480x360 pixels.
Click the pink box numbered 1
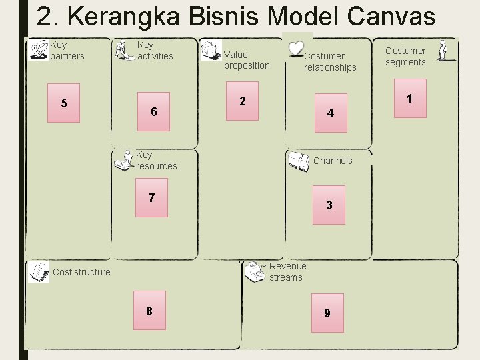409,99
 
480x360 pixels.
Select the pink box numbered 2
243,101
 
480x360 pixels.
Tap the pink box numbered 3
329,205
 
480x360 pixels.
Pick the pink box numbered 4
330,114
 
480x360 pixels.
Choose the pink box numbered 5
63,103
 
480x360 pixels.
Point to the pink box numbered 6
153,111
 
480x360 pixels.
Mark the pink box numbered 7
151,197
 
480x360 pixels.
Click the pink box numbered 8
149,311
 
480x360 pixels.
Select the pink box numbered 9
327,313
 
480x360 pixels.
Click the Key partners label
67,51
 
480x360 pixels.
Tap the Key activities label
155,51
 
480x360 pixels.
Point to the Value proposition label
247,60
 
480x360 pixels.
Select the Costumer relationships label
330,62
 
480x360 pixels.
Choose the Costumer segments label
405,56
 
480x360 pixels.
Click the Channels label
333,161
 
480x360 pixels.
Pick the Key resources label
156,161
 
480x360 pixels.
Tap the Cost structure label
81,272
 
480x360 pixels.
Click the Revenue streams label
287,272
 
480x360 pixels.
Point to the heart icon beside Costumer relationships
295,49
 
